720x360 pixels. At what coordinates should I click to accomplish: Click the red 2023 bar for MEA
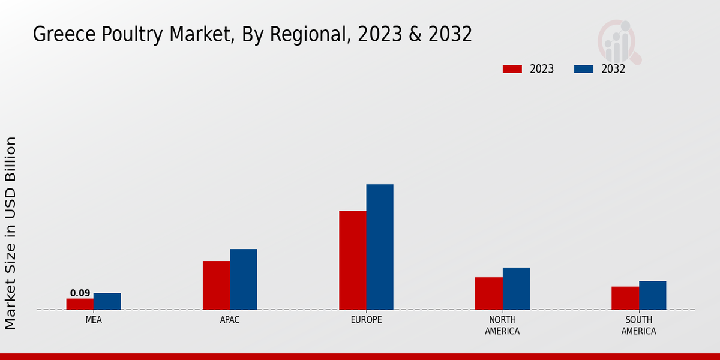coord(80,304)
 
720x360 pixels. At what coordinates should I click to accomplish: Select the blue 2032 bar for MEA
coord(107,301)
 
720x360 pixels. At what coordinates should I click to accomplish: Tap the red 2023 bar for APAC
coord(216,285)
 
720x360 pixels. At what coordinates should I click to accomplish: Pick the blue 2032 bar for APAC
coord(243,279)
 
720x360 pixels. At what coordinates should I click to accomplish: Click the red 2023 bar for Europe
coord(352,260)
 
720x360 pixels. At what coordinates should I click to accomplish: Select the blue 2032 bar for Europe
coord(380,247)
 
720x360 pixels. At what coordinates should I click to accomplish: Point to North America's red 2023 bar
coord(488,293)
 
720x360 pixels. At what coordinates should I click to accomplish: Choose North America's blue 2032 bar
coord(516,289)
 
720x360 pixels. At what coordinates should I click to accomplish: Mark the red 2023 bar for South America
coord(625,298)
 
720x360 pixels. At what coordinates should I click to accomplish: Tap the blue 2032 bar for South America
coord(652,295)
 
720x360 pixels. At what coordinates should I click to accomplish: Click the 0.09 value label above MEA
coord(80,293)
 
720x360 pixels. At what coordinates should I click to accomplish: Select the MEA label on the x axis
coord(94,320)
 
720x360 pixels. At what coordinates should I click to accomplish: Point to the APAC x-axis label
coord(230,320)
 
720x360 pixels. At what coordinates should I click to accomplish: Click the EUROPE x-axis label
coord(366,320)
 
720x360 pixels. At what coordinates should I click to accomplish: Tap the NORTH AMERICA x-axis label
coord(502,326)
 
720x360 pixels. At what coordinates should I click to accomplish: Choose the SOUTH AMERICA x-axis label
coord(638,326)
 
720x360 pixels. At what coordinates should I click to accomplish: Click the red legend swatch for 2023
coord(512,69)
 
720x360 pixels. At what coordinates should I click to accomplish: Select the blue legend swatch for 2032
coord(583,69)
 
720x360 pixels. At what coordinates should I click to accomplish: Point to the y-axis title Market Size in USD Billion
coord(11,233)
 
